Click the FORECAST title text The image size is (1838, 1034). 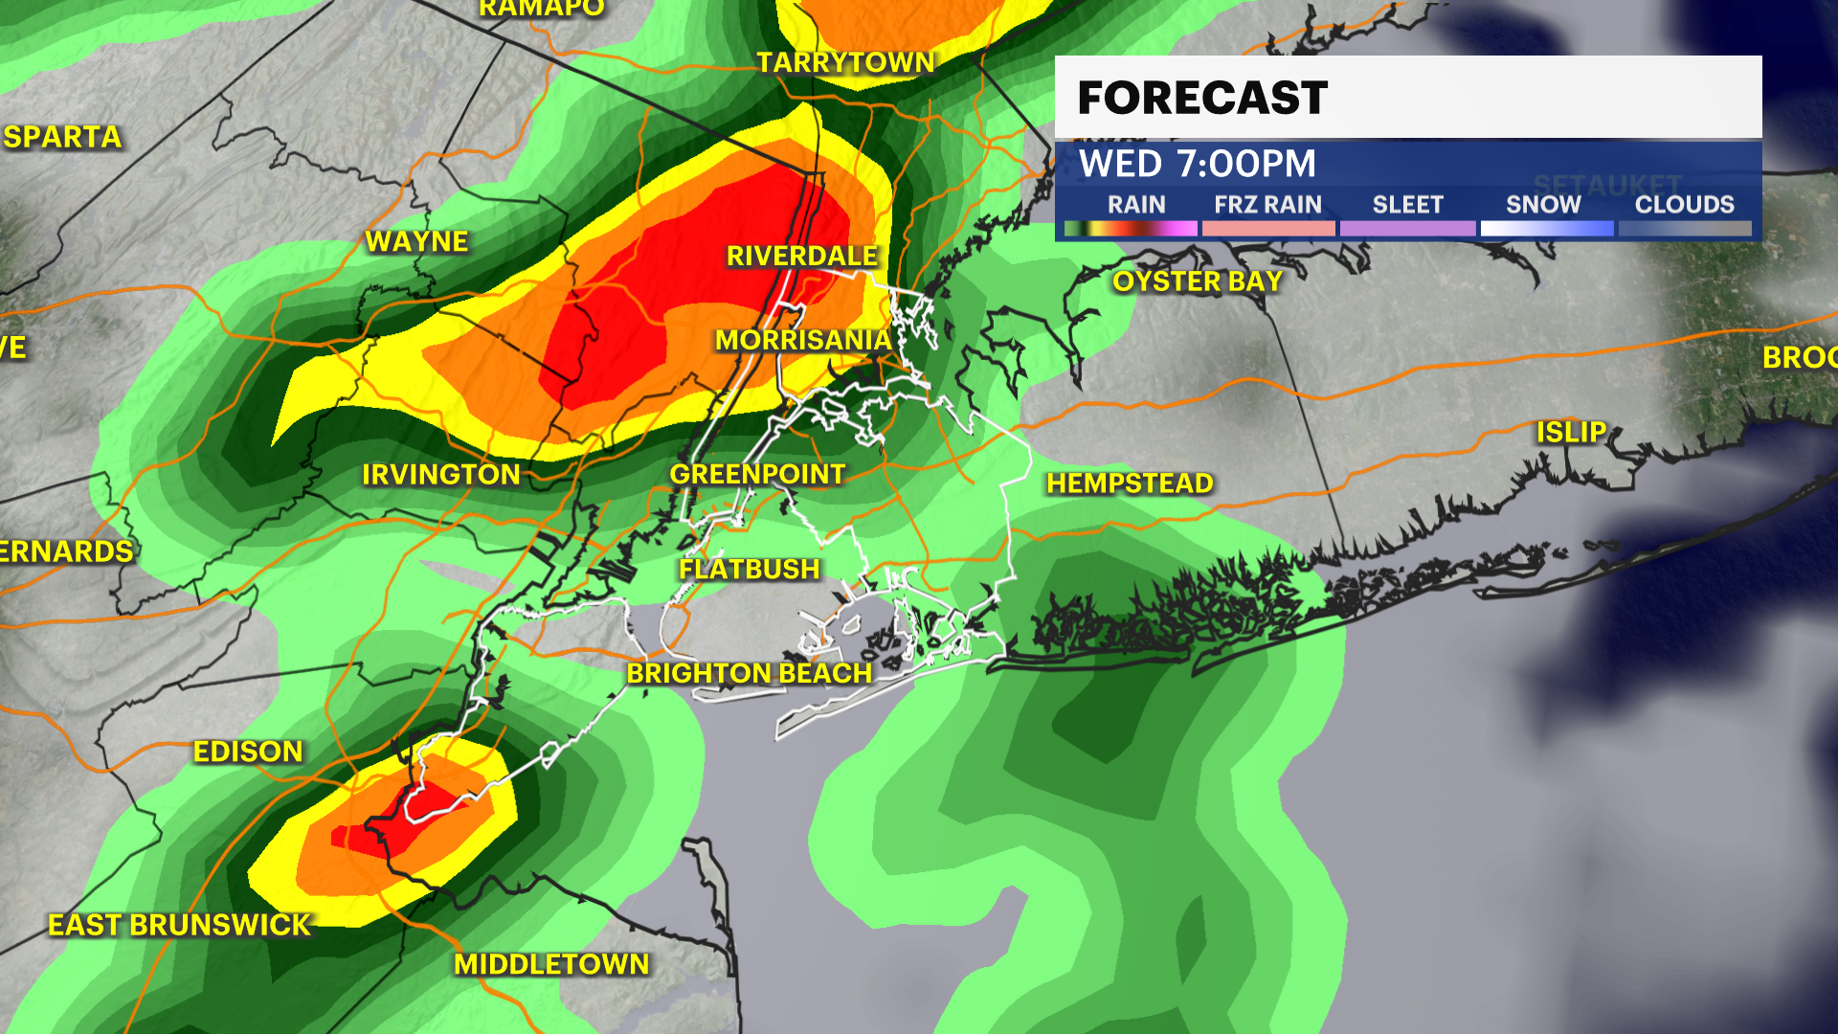point(1202,98)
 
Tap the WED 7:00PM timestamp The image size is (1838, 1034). point(1198,164)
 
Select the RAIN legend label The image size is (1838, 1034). point(1136,205)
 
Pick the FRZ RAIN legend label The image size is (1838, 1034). point(1267,205)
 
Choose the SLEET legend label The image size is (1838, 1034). point(1407,205)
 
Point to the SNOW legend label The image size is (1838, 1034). point(1543,205)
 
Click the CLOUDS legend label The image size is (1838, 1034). point(1684,205)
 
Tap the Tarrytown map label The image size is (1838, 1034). point(845,63)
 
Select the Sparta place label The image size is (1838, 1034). point(63,138)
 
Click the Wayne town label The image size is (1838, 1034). point(417,241)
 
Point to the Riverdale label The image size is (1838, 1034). point(802,257)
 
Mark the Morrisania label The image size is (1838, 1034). point(803,340)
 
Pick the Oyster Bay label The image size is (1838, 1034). point(1197,281)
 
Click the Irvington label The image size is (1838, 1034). point(441,475)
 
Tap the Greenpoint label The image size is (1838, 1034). point(757,474)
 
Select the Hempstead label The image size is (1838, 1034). point(1130,483)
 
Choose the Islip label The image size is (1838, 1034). point(1571,433)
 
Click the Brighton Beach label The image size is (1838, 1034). point(749,674)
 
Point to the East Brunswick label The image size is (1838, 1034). point(180,925)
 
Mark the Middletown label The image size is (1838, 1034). point(551,964)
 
